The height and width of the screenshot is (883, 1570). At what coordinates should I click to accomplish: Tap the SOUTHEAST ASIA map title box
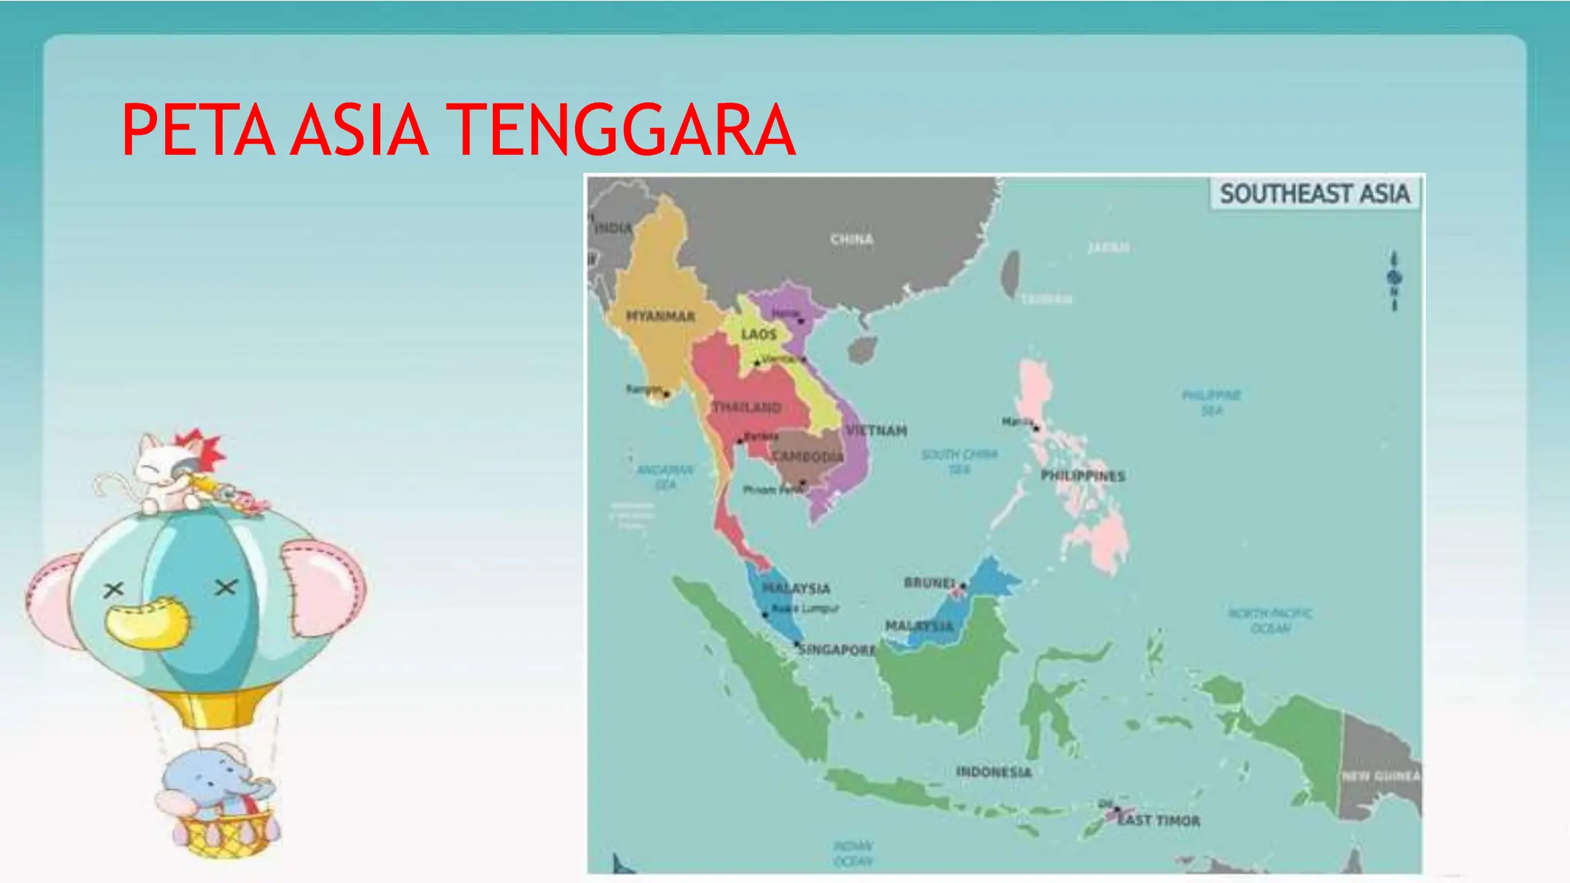(x=1315, y=193)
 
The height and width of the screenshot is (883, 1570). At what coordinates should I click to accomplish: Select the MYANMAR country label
(x=660, y=316)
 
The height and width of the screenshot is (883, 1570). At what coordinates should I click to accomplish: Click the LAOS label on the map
(x=759, y=334)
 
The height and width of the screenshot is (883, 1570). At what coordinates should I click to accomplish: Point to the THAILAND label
(x=747, y=407)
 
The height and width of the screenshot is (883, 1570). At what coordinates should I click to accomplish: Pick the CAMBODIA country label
(x=808, y=457)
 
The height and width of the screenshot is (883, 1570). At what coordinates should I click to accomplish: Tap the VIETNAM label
(x=876, y=430)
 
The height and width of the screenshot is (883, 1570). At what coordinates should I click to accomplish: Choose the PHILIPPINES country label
(x=1082, y=475)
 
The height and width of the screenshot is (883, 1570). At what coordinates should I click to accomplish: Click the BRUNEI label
(x=929, y=583)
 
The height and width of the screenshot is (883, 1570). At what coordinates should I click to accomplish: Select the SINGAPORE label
(x=836, y=650)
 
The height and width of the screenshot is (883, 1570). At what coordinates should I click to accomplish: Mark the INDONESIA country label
(x=994, y=771)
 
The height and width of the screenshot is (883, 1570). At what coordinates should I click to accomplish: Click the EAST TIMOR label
(x=1158, y=820)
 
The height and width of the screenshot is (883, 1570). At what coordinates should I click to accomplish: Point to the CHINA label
(x=852, y=239)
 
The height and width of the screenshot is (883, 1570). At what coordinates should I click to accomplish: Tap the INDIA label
(x=613, y=228)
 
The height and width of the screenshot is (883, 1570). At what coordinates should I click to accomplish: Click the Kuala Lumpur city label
(x=805, y=609)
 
